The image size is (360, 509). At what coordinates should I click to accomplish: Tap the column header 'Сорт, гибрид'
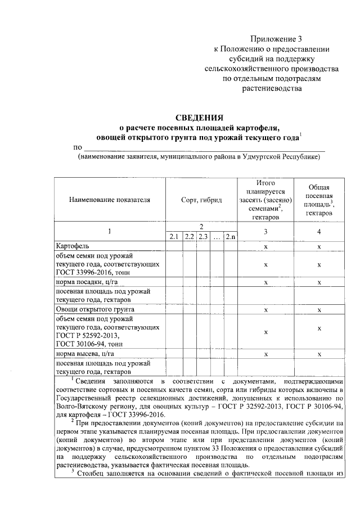pos(201,200)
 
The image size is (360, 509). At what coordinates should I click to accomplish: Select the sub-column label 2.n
pos(231,237)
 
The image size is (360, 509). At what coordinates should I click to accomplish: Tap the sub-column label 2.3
pos(203,237)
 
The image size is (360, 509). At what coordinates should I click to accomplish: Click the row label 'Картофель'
pos(73,246)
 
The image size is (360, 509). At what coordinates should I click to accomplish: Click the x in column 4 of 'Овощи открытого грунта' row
pos(319,310)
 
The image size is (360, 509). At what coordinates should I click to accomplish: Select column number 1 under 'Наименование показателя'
pos(110,231)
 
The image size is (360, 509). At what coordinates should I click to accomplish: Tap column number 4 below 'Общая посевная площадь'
pos(319,231)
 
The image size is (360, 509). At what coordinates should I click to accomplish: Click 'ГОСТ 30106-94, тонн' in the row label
pos(89,344)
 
